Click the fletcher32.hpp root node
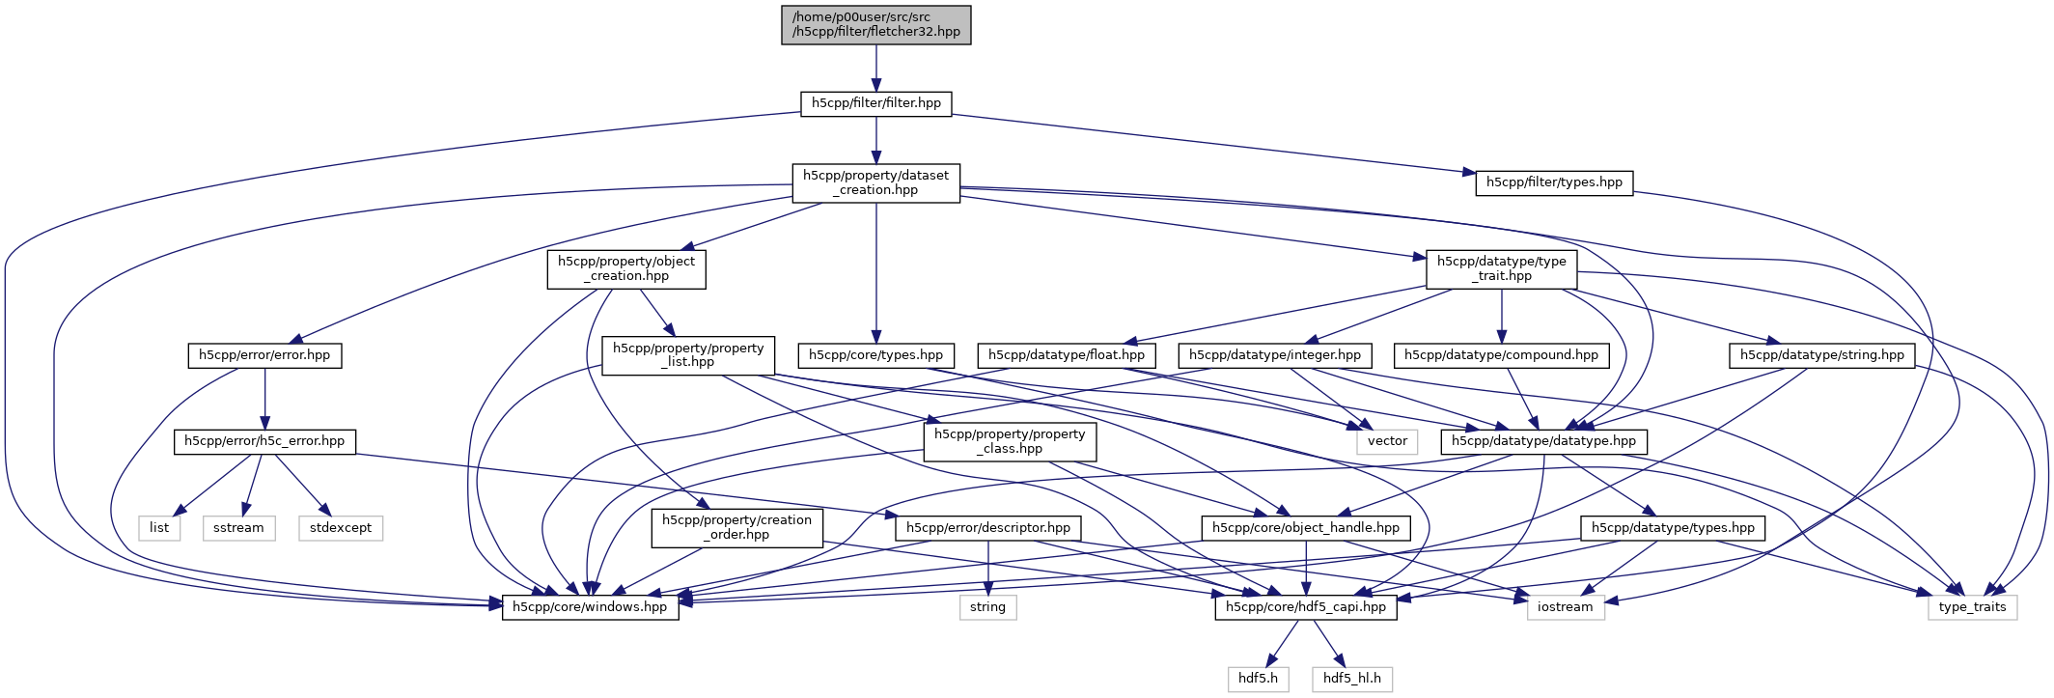tap(876, 25)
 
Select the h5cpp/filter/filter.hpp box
tap(876, 103)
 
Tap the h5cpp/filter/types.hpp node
tap(1554, 182)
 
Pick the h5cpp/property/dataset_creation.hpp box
tap(876, 182)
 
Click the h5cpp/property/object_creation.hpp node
tap(626, 268)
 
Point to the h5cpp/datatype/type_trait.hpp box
tap(1502, 268)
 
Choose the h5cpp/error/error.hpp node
tap(264, 355)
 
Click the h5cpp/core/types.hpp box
tap(876, 355)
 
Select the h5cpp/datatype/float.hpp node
tap(1067, 355)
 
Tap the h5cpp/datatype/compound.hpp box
tap(1502, 355)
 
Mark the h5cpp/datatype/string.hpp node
tap(1822, 355)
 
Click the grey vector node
tap(1388, 441)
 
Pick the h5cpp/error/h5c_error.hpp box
tap(264, 441)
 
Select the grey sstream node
tap(238, 528)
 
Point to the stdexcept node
tap(341, 528)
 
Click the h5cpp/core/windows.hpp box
tap(590, 607)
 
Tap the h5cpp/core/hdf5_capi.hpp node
tap(1306, 607)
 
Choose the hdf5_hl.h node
tap(1352, 679)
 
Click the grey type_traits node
tap(1972, 607)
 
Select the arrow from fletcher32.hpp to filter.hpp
tap(876, 68)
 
